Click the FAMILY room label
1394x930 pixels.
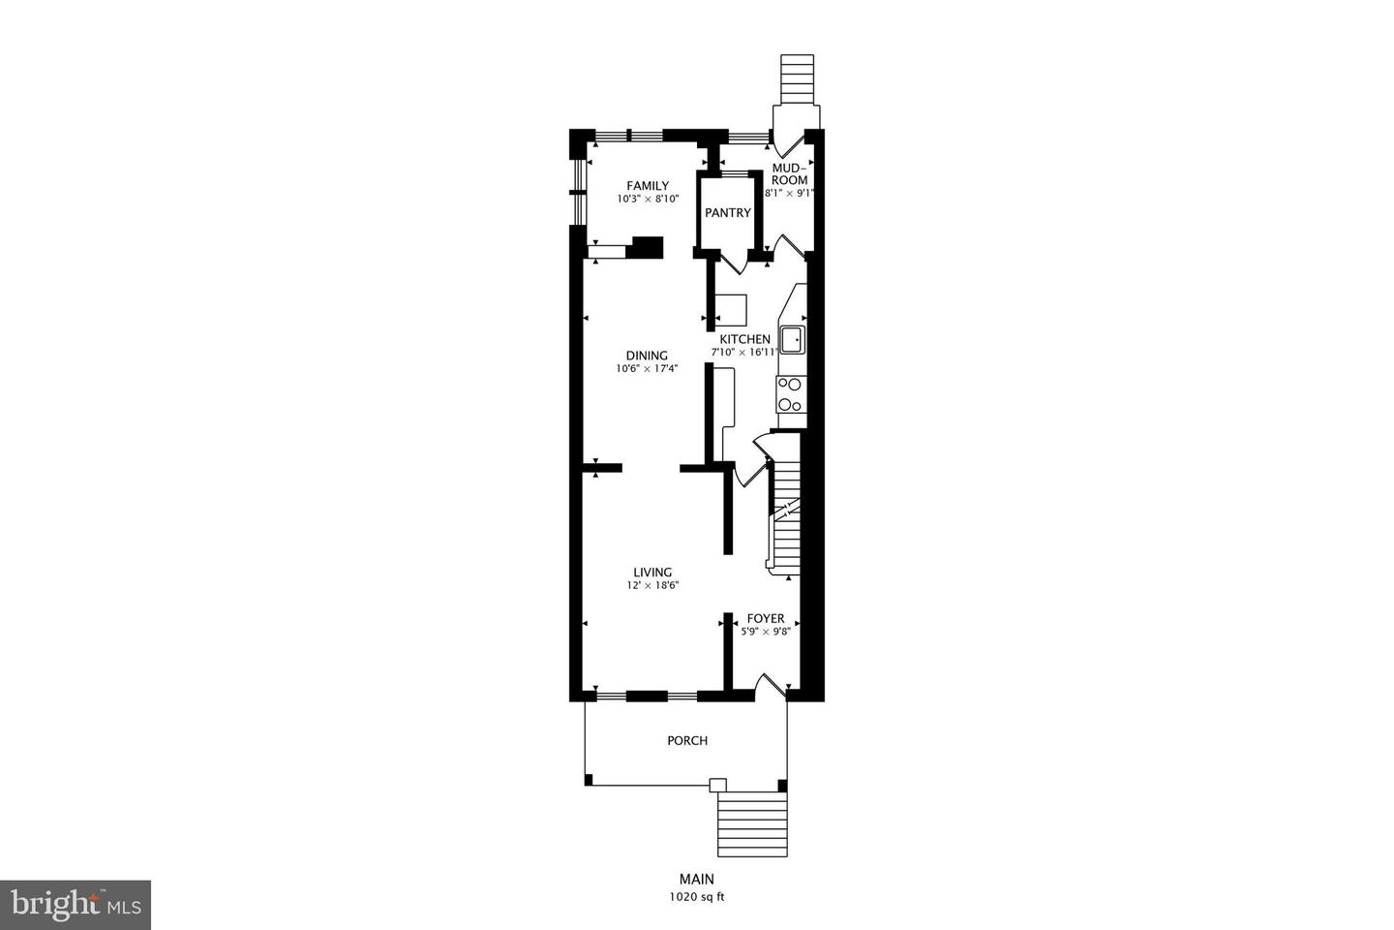tap(648, 186)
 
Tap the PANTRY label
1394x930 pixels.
tap(727, 213)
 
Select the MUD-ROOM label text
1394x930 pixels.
tap(790, 174)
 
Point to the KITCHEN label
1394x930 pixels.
tap(744, 339)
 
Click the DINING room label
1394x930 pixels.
tap(647, 356)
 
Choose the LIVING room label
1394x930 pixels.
tap(652, 573)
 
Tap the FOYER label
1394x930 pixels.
tap(766, 619)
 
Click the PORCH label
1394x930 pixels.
tap(687, 741)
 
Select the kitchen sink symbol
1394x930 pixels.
tap(792, 339)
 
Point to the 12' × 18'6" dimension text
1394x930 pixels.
tap(652, 586)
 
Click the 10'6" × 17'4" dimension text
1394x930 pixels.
tap(647, 369)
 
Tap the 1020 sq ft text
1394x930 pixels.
tap(697, 897)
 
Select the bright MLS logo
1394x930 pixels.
tap(75, 905)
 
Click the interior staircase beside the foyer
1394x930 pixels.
tap(784, 518)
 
